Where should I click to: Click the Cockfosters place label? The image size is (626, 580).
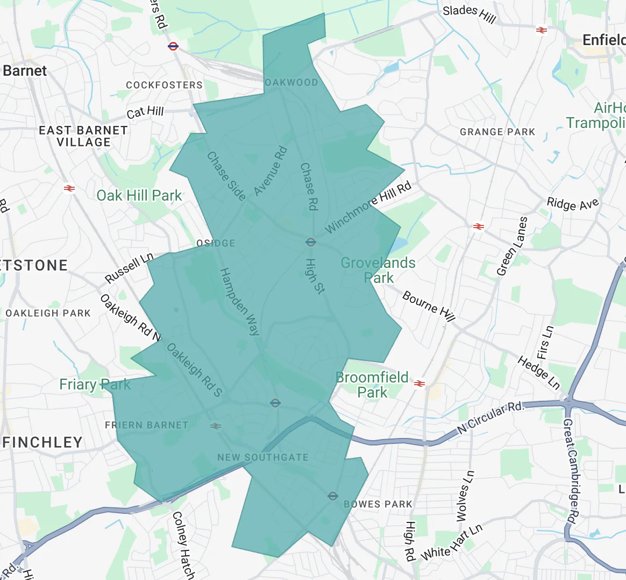click(164, 85)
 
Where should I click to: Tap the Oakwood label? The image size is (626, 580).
click(291, 82)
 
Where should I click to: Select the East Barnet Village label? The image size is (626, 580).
click(83, 136)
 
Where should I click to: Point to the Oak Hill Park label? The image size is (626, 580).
click(139, 195)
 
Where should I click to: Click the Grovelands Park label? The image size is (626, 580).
click(378, 270)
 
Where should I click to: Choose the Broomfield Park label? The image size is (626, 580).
click(372, 385)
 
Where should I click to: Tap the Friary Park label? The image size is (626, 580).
click(95, 385)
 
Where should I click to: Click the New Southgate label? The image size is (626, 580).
click(263, 457)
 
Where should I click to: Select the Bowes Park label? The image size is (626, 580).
click(378, 504)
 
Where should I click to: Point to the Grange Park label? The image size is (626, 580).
click(497, 132)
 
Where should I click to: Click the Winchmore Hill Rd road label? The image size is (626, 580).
click(368, 207)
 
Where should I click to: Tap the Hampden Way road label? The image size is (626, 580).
click(240, 301)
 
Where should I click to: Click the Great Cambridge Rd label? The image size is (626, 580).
click(571, 471)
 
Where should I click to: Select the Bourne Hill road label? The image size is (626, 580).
click(429, 306)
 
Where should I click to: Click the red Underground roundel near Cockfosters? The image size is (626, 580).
click(173, 46)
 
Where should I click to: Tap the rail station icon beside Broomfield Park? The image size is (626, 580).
click(420, 384)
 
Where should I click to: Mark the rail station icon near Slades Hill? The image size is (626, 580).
click(542, 30)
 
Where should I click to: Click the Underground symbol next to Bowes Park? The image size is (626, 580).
click(333, 496)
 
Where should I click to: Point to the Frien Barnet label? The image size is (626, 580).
click(147, 425)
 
